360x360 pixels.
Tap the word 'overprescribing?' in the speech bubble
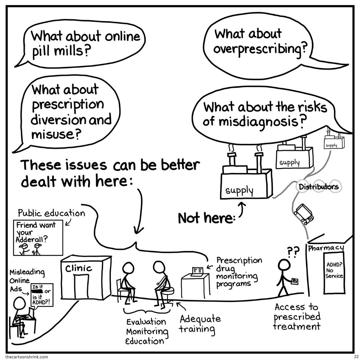(260, 49)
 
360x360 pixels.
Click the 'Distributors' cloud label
(318, 187)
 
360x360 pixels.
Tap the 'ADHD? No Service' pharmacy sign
(334, 270)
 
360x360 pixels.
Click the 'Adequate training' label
(200, 324)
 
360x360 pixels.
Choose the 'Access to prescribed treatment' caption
(297, 316)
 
